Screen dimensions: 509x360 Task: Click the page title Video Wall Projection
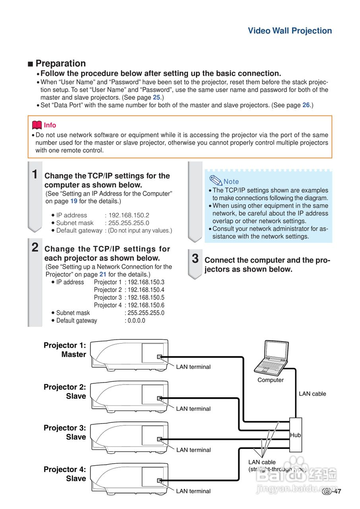(290, 31)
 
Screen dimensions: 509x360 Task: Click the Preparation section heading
(60, 64)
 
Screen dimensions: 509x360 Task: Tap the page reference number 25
(157, 97)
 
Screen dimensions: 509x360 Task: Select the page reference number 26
(306, 105)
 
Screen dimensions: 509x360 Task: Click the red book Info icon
(37, 125)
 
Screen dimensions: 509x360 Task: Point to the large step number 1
(35, 174)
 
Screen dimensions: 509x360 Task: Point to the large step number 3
(195, 258)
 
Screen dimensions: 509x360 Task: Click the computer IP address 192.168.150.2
(129, 215)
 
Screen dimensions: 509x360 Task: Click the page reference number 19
(74, 201)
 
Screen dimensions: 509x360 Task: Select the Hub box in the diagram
(296, 435)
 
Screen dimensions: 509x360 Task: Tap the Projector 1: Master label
(65, 350)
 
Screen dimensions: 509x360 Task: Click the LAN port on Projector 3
(160, 439)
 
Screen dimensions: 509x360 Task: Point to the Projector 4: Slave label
(65, 474)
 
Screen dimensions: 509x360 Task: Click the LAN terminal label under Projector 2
(194, 409)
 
